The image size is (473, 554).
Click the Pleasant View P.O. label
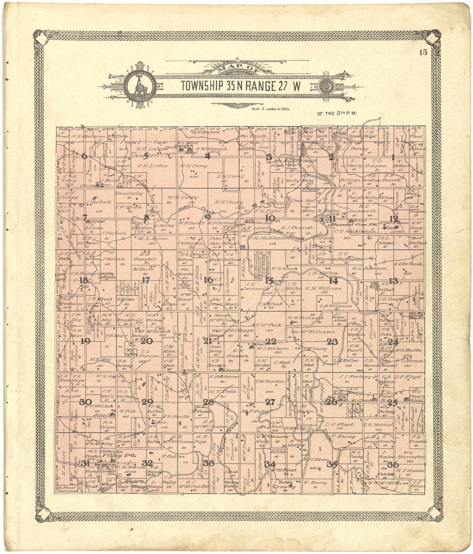point(353,225)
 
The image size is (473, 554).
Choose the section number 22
point(271,341)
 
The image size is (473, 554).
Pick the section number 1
point(393,158)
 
